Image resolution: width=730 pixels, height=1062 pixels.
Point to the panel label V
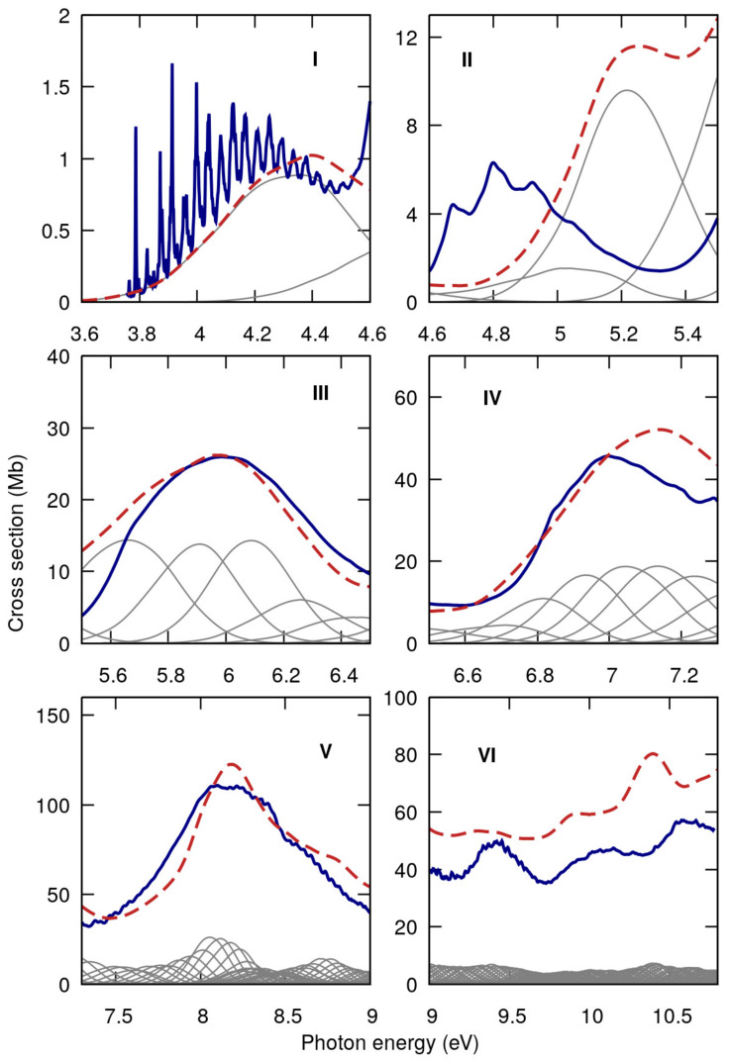324,749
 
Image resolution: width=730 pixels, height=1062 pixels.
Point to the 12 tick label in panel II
405,38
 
